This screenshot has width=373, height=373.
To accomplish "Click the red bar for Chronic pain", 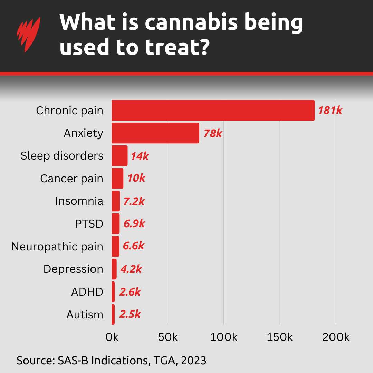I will pos(213,111).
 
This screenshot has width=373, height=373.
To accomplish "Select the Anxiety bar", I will pos(155,133).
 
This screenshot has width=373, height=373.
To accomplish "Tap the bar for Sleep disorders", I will pos(119,156).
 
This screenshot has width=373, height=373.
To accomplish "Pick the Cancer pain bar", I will pos(117,179).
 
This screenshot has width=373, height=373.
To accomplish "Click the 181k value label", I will pos(330,111).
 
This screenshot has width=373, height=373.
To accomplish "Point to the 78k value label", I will pos(212,133).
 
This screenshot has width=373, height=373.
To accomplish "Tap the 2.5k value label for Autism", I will pos(130,314).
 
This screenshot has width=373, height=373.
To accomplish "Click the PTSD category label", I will pos(89,224).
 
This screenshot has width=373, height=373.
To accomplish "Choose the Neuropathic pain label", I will pos(57,247).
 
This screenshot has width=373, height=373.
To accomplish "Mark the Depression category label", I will pos(73,269).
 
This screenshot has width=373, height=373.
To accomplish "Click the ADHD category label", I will pos(87,292).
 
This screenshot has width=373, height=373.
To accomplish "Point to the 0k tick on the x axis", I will pos(112,337).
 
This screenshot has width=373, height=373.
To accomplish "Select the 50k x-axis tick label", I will pos(168,337).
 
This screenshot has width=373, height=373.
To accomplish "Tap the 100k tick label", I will pos(224,337).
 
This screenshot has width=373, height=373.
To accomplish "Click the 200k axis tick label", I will pos(336,337).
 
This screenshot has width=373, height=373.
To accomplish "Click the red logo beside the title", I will pos(28,35).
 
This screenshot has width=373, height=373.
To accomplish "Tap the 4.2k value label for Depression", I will pos(131,269).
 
